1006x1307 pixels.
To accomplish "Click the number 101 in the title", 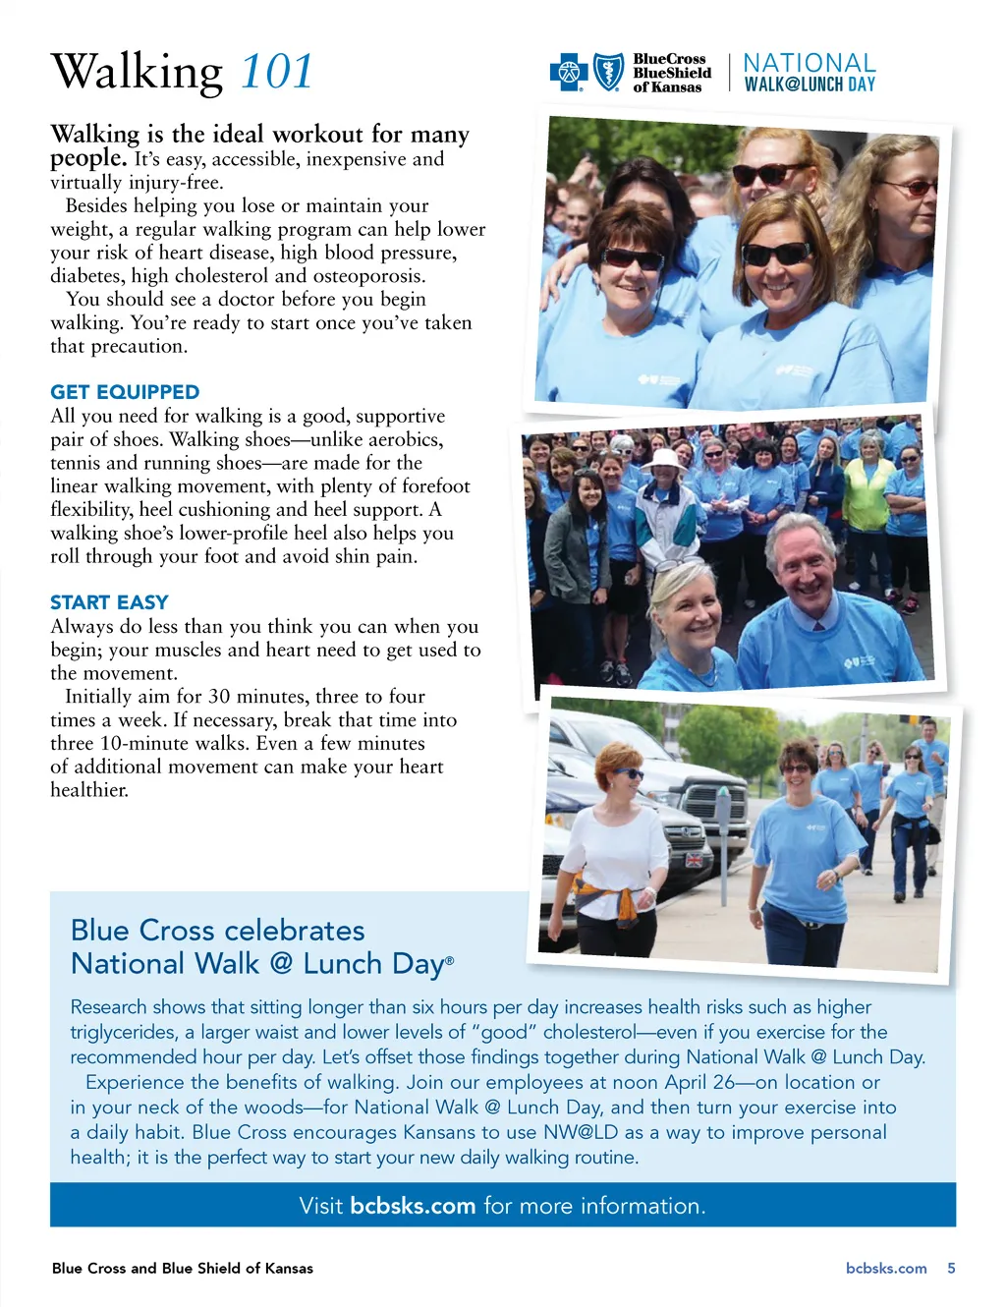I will click(276, 71).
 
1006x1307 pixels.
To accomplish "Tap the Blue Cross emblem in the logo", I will click(569, 73).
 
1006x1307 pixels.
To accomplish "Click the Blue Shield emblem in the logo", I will click(609, 73).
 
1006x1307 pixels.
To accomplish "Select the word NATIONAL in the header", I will click(809, 63).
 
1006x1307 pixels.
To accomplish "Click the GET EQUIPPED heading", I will click(125, 392).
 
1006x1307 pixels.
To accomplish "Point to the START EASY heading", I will click(109, 602).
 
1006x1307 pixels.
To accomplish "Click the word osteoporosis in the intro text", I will click(365, 276).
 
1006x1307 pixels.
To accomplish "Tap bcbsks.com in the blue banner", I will click(413, 1206).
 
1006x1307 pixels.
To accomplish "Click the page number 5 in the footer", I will click(951, 1268).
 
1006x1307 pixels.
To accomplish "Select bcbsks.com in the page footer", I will click(886, 1268).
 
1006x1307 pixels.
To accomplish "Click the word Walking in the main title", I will click(138, 71).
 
